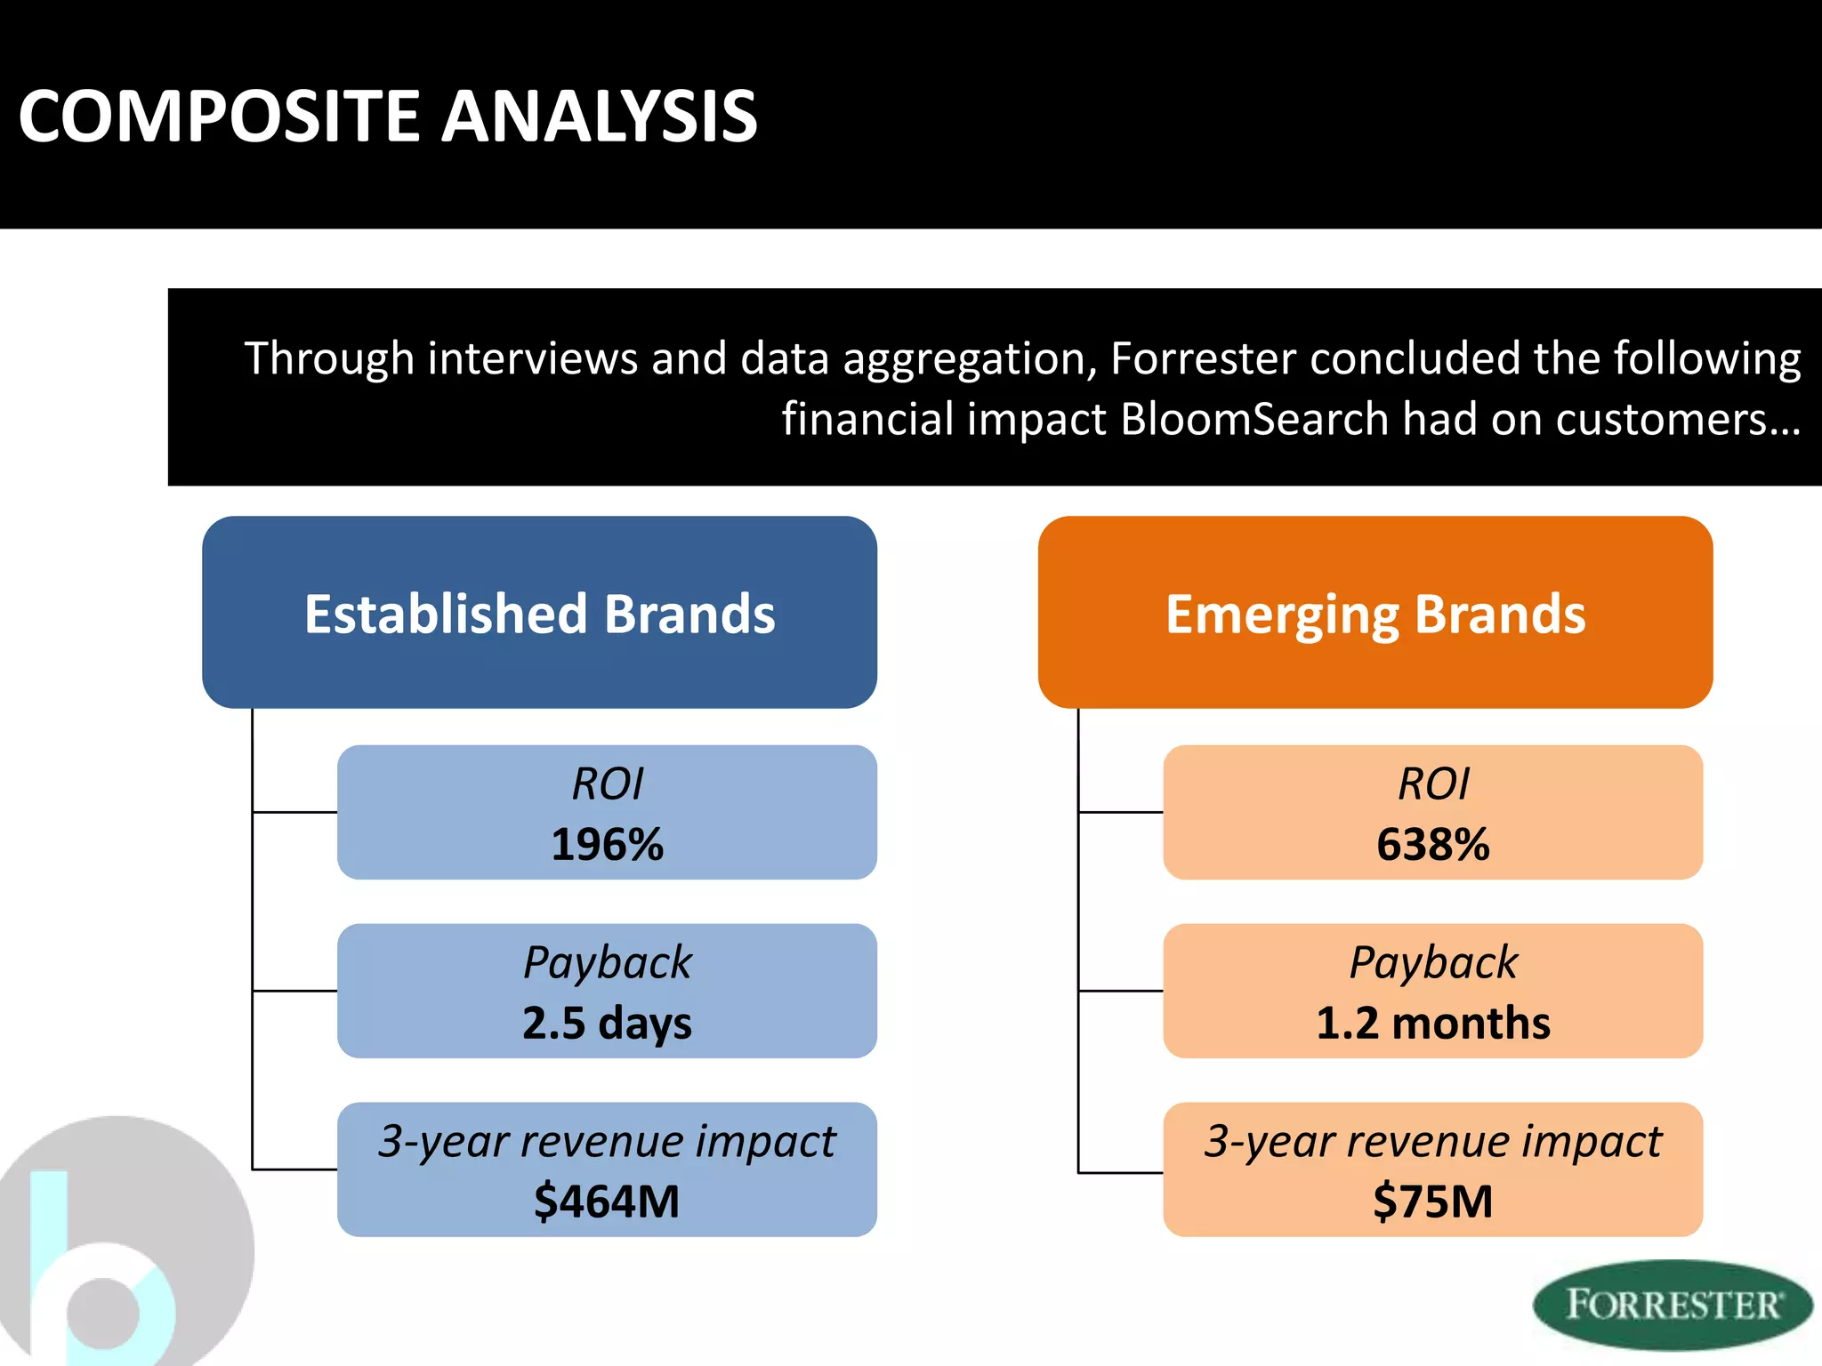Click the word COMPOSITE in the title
point(219,117)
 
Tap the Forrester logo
point(1673,1304)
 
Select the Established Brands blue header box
point(539,613)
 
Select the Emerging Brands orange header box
point(1375,613)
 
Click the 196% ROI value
point(607,844)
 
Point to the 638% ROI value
point(1432,844)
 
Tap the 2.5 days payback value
point(607,1023)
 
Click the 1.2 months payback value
point(1432,1023)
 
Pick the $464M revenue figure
point(607,1201)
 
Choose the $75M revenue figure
point(1432,1201)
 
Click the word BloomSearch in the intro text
point(1254,419)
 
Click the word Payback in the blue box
point(607,962)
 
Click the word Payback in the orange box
point(1432,962)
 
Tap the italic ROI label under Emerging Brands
point(1432,783)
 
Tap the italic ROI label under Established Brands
point(607,783)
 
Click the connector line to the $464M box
point(294,1169)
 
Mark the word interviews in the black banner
point(532,358)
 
